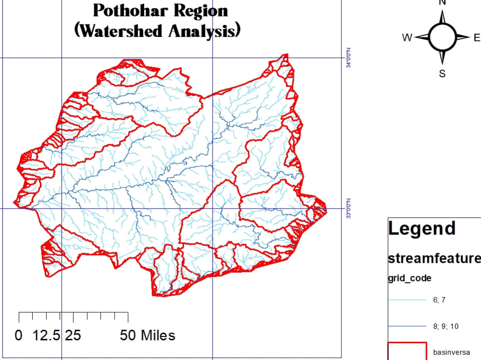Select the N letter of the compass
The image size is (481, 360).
click(442, 2)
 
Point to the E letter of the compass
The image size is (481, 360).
click(477, 37)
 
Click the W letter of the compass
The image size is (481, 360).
click(407, 37)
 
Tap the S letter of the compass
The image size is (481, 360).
click(442, 74)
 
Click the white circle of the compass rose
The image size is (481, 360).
click(442, 37)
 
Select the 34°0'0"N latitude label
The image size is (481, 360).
click(349, 58)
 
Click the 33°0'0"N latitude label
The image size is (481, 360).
click(349, 209)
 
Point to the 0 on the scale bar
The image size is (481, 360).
click(19, 335)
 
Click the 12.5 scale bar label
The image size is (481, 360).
click(46, 335)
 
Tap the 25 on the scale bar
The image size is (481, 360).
click(73, 335)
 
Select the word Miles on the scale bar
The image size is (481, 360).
click(157, 335)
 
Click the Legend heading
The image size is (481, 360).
click(422, 229)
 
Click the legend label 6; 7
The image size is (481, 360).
click(439, 300)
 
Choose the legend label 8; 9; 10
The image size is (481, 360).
click(445, 326)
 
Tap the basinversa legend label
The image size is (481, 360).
click(451, 352)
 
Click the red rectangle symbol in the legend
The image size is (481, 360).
click(407, 351)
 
